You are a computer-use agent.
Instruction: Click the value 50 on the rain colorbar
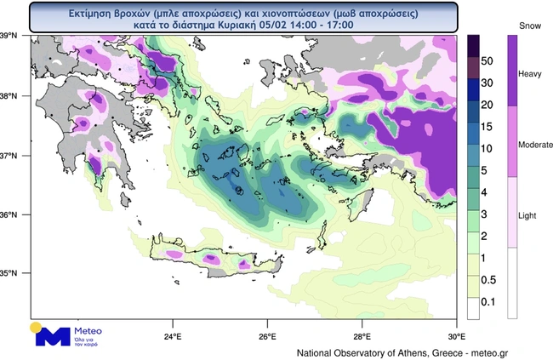(x=488, y=62)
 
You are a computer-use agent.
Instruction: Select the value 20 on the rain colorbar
(x=488, y=105)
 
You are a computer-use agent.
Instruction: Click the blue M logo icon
(x=52, y=335)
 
